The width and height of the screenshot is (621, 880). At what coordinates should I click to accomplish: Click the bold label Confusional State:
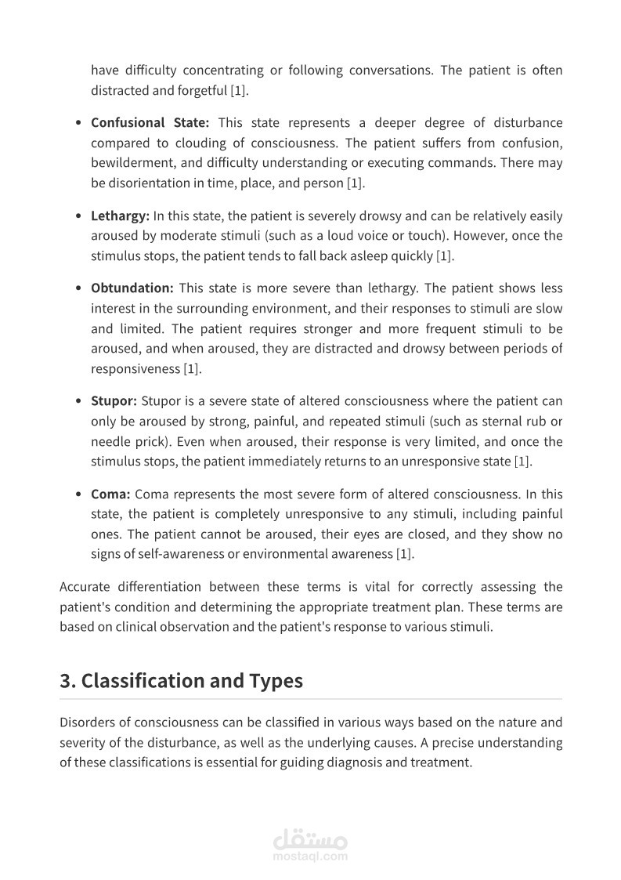(x=150, y=123)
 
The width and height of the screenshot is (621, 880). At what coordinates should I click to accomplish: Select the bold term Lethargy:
(x=120, y=215)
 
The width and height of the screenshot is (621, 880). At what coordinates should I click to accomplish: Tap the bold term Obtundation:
(x=132, y=288)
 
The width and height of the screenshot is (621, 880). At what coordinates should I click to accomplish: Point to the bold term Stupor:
(x=114, y=400)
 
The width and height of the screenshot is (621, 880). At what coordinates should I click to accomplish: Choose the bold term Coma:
(x=110, y=494)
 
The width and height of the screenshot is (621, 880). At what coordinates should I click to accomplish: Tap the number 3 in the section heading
(x=65, y=680)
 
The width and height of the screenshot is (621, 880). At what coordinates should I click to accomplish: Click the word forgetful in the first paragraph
(x=201, y=90)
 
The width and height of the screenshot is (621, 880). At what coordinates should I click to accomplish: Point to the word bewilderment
(x=129, y=164)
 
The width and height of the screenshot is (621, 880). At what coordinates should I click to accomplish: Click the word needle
(x=110, y=441)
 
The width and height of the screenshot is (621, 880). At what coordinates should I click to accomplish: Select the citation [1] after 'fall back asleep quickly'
(x=444, y=255)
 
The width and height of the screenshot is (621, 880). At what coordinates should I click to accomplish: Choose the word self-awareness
(x=181, y=554)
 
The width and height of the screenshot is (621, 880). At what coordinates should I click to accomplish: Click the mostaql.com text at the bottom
(x=310, y=856)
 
